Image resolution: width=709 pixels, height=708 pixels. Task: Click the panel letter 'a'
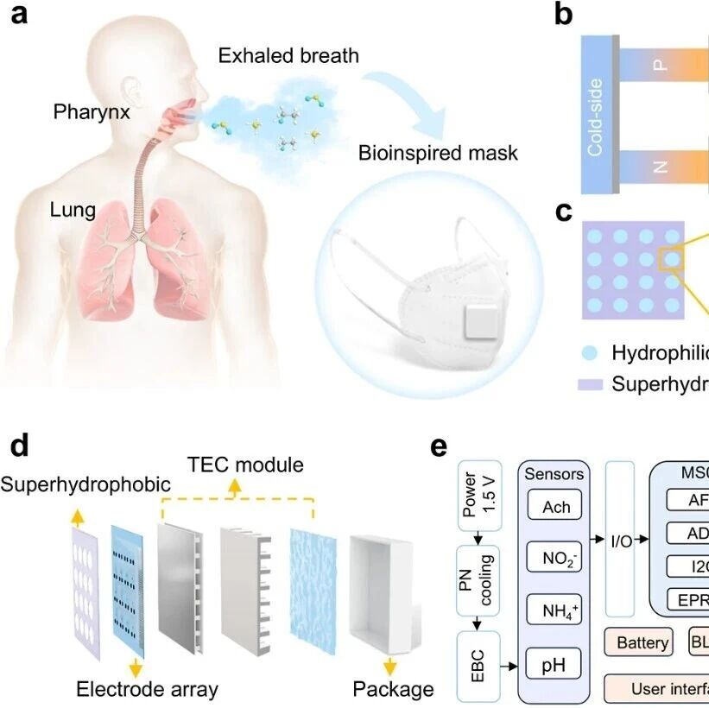(x=25, y=18)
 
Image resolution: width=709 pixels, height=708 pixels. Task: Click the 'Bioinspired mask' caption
(x=439, y=153)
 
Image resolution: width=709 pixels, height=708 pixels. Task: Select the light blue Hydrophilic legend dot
(x=592, y=352)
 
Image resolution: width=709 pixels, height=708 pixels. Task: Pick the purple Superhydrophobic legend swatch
(x=591, y=384)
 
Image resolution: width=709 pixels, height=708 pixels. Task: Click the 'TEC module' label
(x=245, y=465)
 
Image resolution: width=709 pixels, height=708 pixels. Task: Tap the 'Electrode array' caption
(x=147, y=688)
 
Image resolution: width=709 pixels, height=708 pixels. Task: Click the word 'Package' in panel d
(x=393, y=688)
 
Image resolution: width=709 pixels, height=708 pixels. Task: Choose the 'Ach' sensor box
(x=556, y=507)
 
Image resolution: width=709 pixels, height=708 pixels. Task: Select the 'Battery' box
(x=643, y=642)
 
